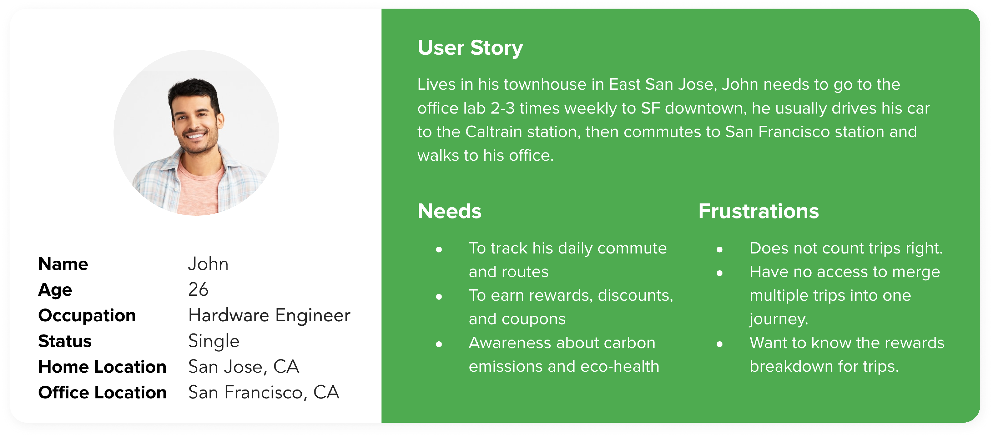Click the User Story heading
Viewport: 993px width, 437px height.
point(470,48)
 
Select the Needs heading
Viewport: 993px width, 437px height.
point(449,211)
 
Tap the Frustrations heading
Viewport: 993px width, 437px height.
point(758,211)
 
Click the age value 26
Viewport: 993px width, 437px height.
point(198,289)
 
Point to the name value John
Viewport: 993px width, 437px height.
point(208,264)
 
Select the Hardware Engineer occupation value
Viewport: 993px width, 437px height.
point(269,315)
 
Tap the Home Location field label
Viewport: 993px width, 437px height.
point(102,367)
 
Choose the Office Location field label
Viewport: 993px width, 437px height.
point(102,393)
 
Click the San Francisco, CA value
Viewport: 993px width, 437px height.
point(264,393)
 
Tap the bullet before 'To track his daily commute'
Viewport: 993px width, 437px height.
point(439,250)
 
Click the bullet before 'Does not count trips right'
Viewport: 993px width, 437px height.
point(719,250)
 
